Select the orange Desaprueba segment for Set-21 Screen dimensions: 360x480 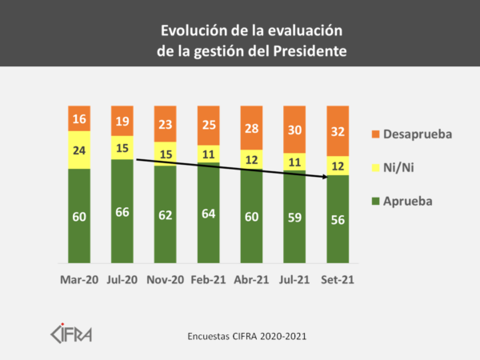(338, 130)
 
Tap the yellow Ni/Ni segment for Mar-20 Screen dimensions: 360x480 (79, 150)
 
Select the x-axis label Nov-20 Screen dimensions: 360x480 (166, 281)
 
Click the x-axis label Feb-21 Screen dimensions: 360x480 (209, 281)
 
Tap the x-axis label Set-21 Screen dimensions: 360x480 (338, 281)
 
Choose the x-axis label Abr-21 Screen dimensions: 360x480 (252, 281)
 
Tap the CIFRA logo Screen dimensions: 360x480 (71, 331)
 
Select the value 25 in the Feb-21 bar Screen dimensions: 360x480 (209, 125)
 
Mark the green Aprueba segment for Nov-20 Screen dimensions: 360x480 (166, 214)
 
